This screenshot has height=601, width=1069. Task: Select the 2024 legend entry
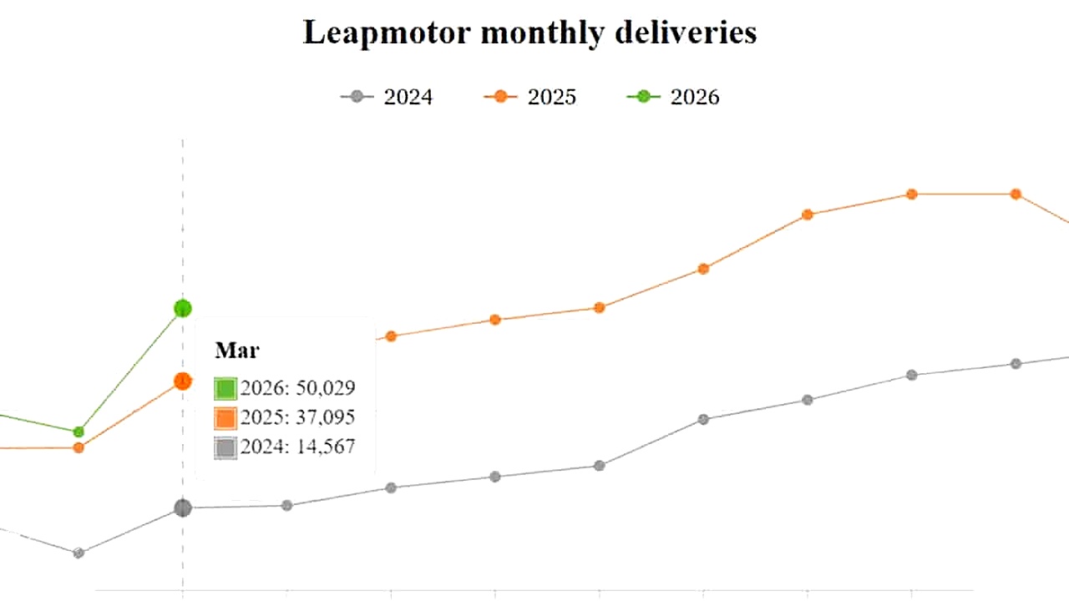tap(387, 97)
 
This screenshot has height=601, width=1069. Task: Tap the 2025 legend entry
tap(530, 97)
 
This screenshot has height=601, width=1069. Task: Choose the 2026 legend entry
tap(673, 97)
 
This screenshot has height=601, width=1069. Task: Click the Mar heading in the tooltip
tap(237, 350)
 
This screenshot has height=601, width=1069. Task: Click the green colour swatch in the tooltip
tap(225, 389)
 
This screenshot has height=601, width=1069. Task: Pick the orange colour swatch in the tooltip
tap(225, 418)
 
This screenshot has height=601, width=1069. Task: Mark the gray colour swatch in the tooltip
tap(225, 448)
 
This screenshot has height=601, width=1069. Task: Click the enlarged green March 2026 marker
tap(183, 309)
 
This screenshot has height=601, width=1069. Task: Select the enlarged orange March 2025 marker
tap(183, 381)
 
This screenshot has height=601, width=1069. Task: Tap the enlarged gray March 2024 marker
tap(183, 508)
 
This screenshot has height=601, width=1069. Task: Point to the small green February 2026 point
tap(79, 432)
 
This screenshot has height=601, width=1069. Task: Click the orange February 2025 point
tap(79, 447)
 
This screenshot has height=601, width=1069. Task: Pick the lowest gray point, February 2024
tap(79, 553)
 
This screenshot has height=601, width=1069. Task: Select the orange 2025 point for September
tap(808, 215)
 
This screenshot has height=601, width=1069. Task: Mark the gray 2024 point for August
tap(703, 419)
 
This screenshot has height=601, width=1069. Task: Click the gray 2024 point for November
tap(1016, 364)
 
